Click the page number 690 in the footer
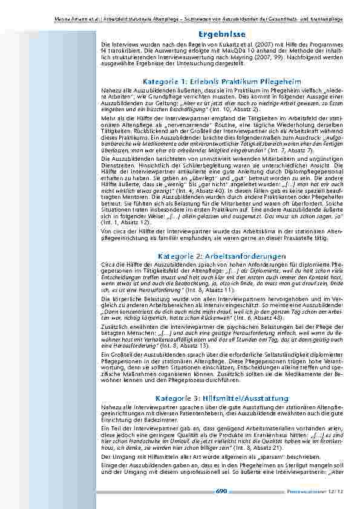pos(221,491)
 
